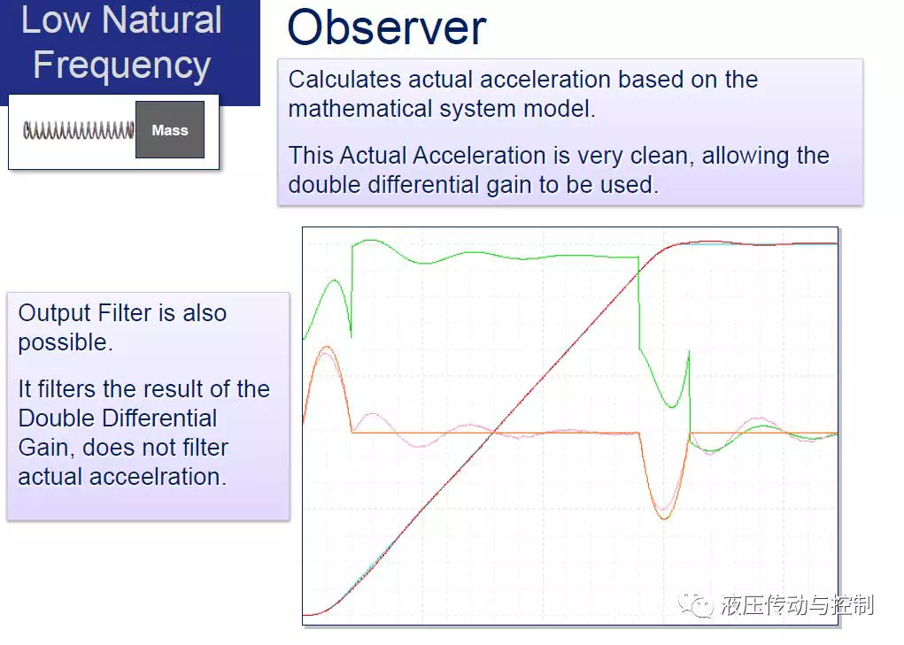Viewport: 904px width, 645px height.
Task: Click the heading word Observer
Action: pos(387,27)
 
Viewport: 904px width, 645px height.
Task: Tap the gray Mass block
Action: pos(170,129)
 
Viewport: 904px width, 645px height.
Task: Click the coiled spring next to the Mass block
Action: pos(79,130)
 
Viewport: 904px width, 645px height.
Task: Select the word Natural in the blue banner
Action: pos(162,20)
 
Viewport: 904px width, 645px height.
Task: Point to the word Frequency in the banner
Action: pos(121,65)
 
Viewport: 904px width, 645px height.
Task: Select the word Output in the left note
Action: pos(55,313)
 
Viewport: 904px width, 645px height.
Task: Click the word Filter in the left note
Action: pos(125,312)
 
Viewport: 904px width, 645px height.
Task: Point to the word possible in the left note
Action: pos(66,342)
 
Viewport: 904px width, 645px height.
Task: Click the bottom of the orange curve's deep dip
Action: pos(664,518)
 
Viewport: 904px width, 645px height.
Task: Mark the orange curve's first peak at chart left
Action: pos(327,347)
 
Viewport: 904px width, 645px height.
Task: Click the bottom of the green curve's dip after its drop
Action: pos(672,407)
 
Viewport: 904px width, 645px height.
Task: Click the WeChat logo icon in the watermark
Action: pos(695,604)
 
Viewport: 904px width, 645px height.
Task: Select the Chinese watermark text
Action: pos(797,605)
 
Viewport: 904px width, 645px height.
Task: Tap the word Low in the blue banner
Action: pos(56,20)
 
